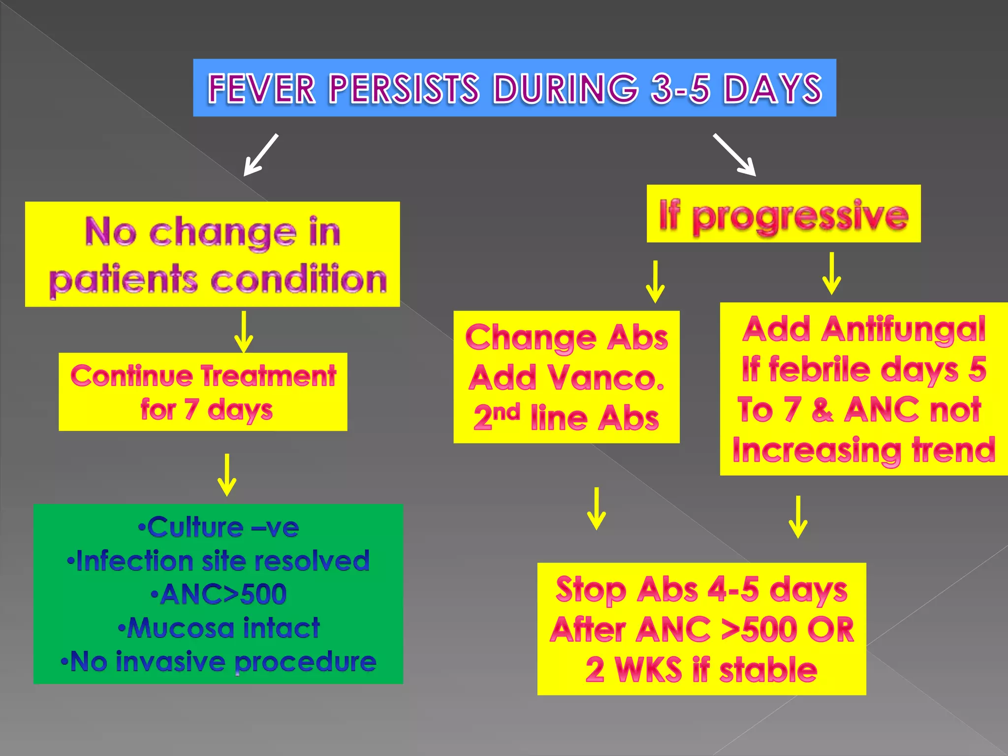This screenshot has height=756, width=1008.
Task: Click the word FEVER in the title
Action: point(261,89)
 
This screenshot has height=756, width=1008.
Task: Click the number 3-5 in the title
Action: point(680,89)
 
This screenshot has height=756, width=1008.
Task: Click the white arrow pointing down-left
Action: point(261,155)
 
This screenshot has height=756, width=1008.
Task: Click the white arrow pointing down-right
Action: point(734,155)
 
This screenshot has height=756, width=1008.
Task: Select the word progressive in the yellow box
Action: point(800,217)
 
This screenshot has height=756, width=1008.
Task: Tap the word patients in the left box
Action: point(124,280)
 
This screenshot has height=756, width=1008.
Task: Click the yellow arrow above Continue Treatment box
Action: point(244,331)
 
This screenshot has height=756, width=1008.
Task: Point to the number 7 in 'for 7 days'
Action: point(191,409)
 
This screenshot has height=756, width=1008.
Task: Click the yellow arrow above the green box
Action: point(227,475)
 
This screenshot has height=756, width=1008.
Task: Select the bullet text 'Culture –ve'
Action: point(219,528)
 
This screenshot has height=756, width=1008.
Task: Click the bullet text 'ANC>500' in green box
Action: point(219,594)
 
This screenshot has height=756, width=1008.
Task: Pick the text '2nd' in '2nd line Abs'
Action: point(496,417)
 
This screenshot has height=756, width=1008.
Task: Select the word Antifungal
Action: point(904,329)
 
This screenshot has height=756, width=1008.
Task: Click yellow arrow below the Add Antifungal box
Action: point(798,517)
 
